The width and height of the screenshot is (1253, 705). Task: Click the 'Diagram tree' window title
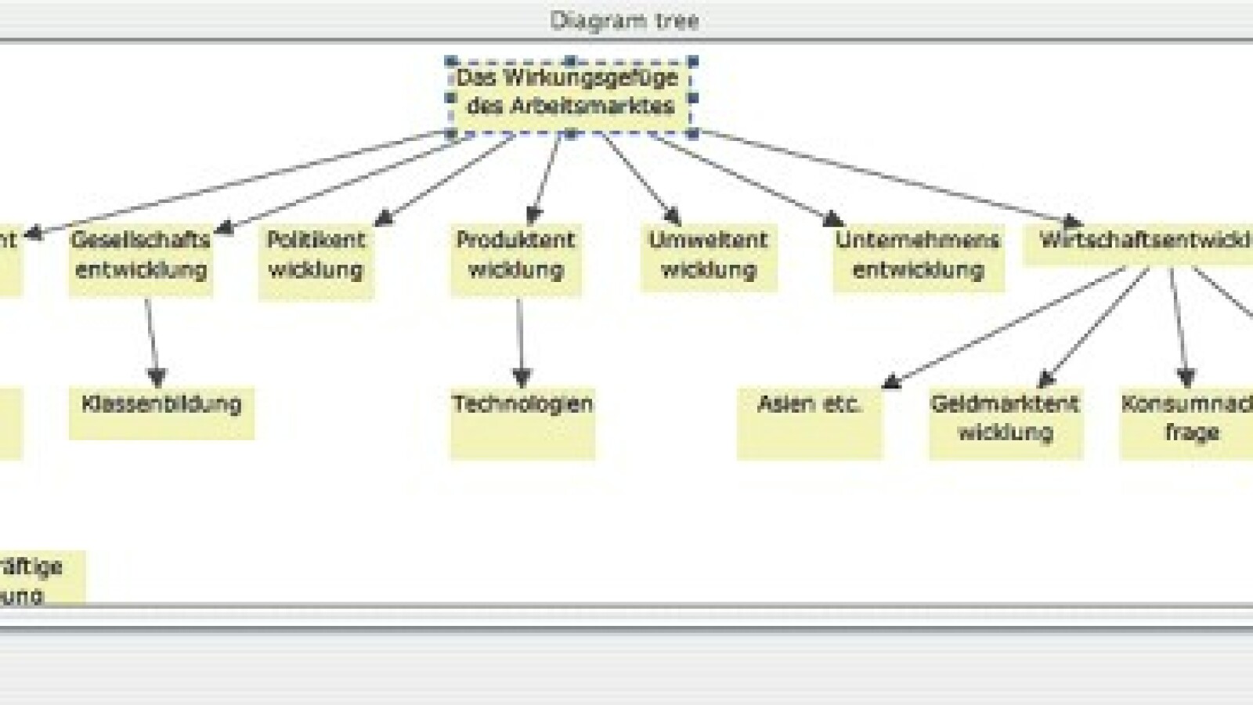point(624,20)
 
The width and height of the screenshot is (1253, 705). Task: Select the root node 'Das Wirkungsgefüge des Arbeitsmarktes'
point(570,92)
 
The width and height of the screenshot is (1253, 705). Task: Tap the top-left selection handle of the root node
point(450,61)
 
